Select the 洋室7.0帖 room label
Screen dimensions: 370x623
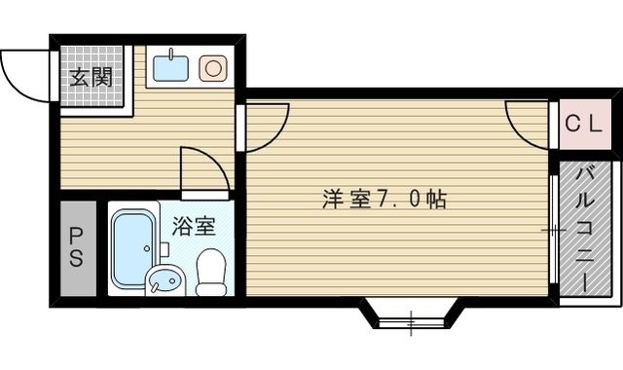tap(385, 200)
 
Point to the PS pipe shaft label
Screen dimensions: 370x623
tap(76, 247)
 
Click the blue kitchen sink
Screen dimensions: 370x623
tap(172, 68)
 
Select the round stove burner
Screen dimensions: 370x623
tap(212, 68)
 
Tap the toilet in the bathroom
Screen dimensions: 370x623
tap(210, 272)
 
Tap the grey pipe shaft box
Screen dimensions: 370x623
tap(76, 248)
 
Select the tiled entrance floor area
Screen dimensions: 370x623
tap(92, 78)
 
